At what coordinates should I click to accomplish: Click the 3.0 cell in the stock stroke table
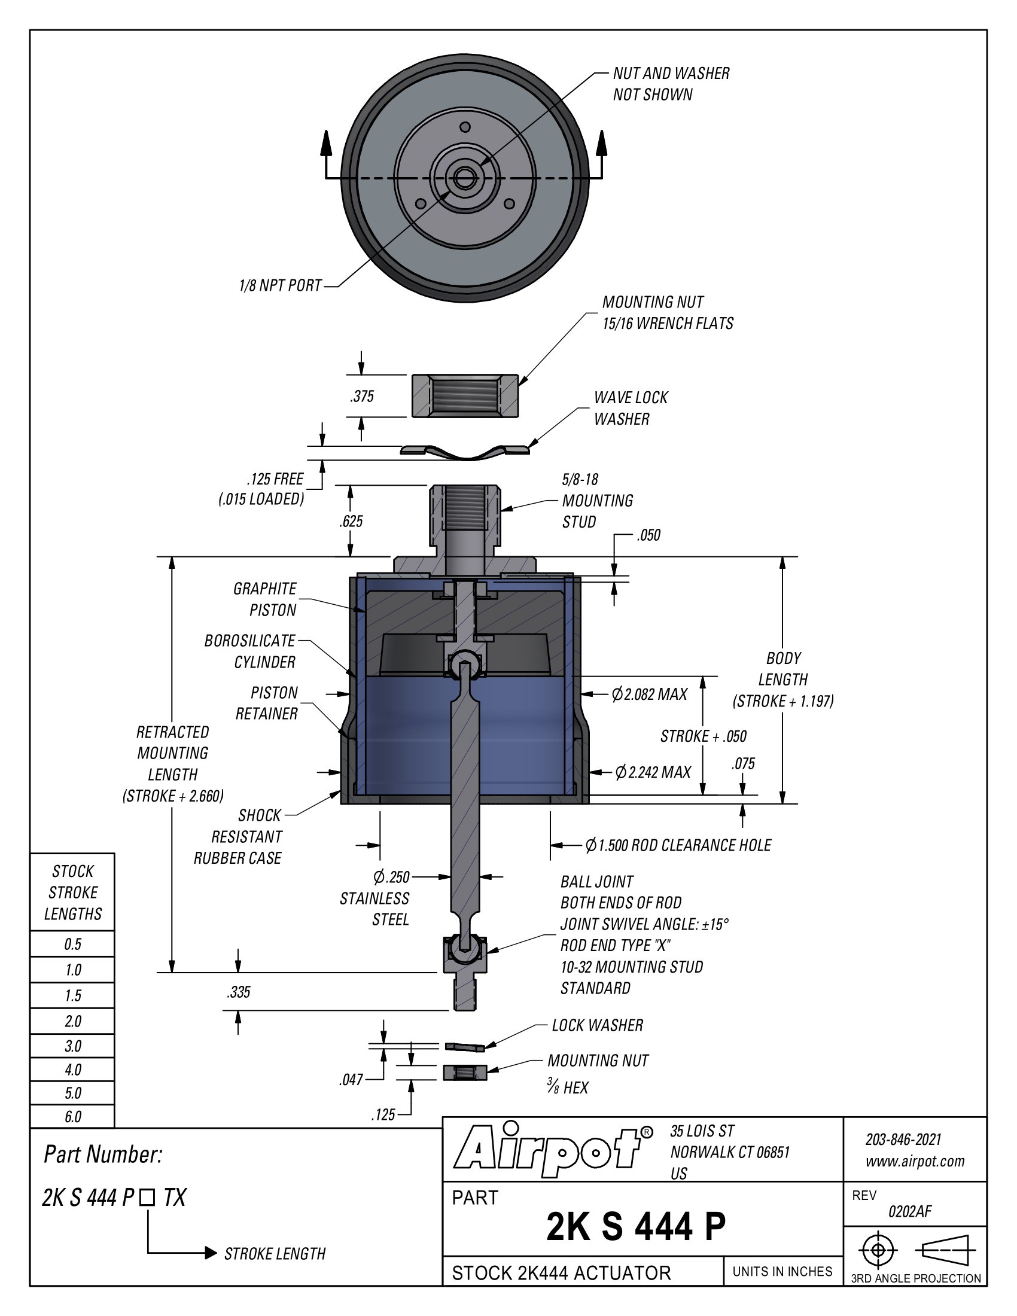tap(73, 1046)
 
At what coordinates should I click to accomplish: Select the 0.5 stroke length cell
tap(73, 944)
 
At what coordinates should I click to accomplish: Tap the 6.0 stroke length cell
tap(73, 1117)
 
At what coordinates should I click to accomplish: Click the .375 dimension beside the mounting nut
tap(362, 396)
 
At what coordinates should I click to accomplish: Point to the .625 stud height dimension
tap(351, 521)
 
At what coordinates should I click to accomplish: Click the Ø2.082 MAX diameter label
tap(650, 694)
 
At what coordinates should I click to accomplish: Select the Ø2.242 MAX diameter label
tap(653, 772)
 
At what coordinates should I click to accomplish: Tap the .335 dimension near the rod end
tap(239, 992)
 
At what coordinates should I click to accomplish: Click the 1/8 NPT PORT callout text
tap(280, 285)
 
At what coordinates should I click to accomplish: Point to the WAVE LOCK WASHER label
tap(631, 408)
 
